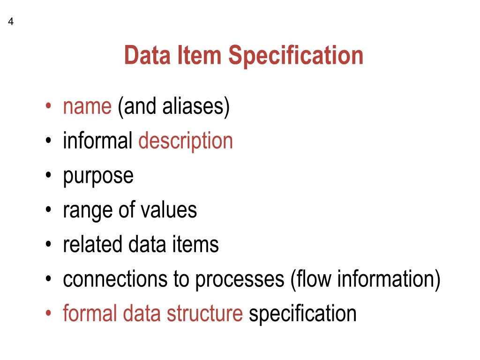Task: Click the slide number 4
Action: pos(10,22)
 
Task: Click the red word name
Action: pos(87,107)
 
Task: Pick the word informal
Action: pos(98,141)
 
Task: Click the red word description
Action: pos(186,142)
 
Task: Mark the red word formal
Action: pos(90,313)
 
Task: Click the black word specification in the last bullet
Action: pos(302,314)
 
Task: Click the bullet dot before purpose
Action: pos(49,176)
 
